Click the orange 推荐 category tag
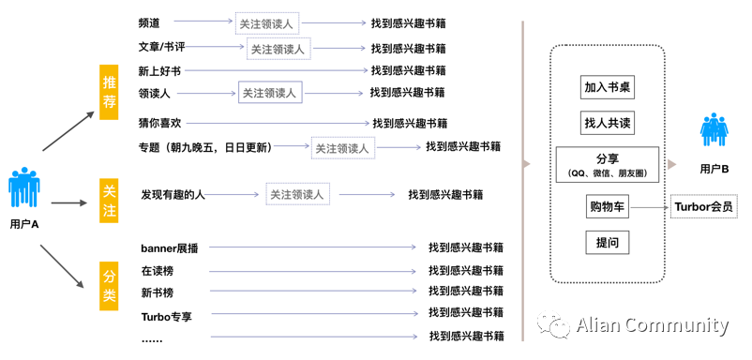coord(110,92)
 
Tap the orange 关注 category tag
coord(110,201)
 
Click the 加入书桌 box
coord(607,87)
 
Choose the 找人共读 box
coord(607,123)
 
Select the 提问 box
coord(607,243)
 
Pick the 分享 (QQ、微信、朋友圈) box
coord(607,165)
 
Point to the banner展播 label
coord(170,248)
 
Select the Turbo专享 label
coord(166,315)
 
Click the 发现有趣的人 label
coord(173,195)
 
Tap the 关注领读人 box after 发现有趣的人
coord(296,195)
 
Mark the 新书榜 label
coord(157,292)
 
